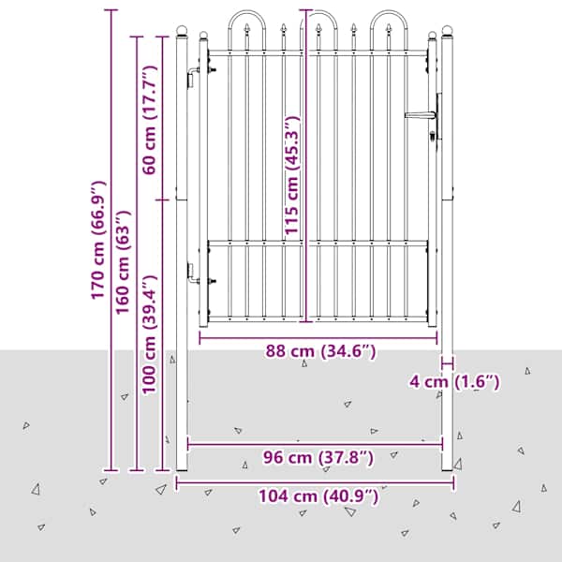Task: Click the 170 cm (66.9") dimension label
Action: point(97,240)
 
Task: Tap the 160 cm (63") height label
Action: point(123,262)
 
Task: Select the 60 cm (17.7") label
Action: point(150,120)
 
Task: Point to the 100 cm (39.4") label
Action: point(150,334)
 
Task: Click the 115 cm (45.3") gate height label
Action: point(291,175)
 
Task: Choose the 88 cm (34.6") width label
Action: point(320,351)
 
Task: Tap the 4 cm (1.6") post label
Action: point(454,382)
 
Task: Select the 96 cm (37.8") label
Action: point(318,458)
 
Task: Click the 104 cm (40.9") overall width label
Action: point(318,496)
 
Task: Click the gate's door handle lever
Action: point(421,115)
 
